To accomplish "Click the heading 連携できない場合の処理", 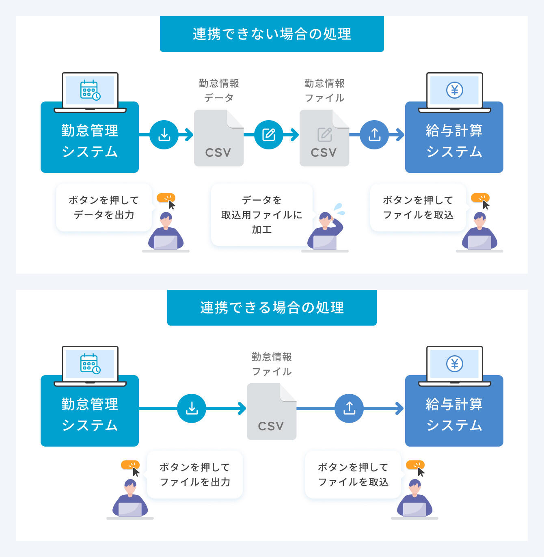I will (272, 34).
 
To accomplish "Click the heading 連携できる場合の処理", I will (272, 308).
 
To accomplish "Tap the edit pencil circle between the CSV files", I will (269, 135).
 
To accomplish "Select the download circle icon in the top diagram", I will (164, 135).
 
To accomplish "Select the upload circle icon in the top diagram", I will (374, 135).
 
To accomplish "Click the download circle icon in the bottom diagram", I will (192, 408).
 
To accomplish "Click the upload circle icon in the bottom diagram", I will (349, 408).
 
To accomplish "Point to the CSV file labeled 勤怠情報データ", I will (219, 138).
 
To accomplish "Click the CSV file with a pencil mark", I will (324, 138).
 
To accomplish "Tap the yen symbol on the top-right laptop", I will (455, 90).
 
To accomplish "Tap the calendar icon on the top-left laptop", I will (90, 90).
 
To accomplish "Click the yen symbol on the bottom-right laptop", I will (455, 364).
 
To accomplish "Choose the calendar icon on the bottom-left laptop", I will (90, 364).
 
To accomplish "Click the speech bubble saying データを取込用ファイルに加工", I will (261, 215).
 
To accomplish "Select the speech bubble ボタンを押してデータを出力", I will (104, 207).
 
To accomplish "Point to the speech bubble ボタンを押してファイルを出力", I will (195, 475).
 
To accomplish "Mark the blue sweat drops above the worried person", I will (339, 209).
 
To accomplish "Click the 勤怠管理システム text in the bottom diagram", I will (90, 415).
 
